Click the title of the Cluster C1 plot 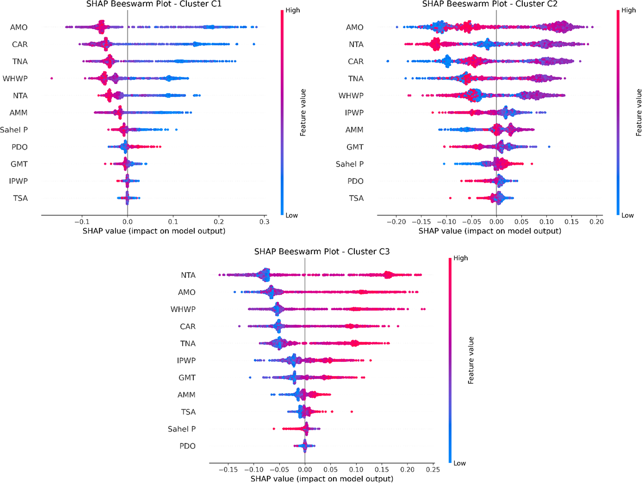tap(154, 4)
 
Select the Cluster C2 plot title tap(490, 4)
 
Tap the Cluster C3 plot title tap(322, 252)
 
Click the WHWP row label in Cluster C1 tap(15, 79)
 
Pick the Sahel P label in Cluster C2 tap(349, 164)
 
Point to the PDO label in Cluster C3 tap(187, 446)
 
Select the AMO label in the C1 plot tap(19, 28)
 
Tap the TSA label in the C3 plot tap(188, 412)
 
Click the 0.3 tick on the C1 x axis tap(264, 222)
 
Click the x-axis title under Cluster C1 tap(154, 231)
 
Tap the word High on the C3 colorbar tap(460, 258)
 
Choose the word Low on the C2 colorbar tap(627, 216)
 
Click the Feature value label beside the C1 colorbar tap(303, 113)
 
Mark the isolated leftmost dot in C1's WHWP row tap(52, 78)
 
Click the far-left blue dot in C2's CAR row tap(388, 61)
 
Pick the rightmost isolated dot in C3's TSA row tap(352, 412)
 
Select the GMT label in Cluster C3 tap(187, 378)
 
